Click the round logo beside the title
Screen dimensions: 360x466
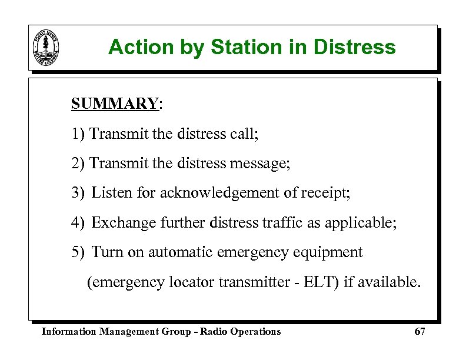click(x=47, y=48)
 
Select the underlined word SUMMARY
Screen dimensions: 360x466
click(x=114, y=104)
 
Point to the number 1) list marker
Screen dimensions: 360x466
click(x=78, y=134)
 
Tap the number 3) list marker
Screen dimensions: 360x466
click(x=78, y=192)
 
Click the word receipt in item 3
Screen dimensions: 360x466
click(x=325, y=193)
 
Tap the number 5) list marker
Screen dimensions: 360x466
click(x=78, y=252)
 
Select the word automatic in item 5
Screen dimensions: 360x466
click(x=180, y=252)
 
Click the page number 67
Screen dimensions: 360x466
click(x=420, y=332)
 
